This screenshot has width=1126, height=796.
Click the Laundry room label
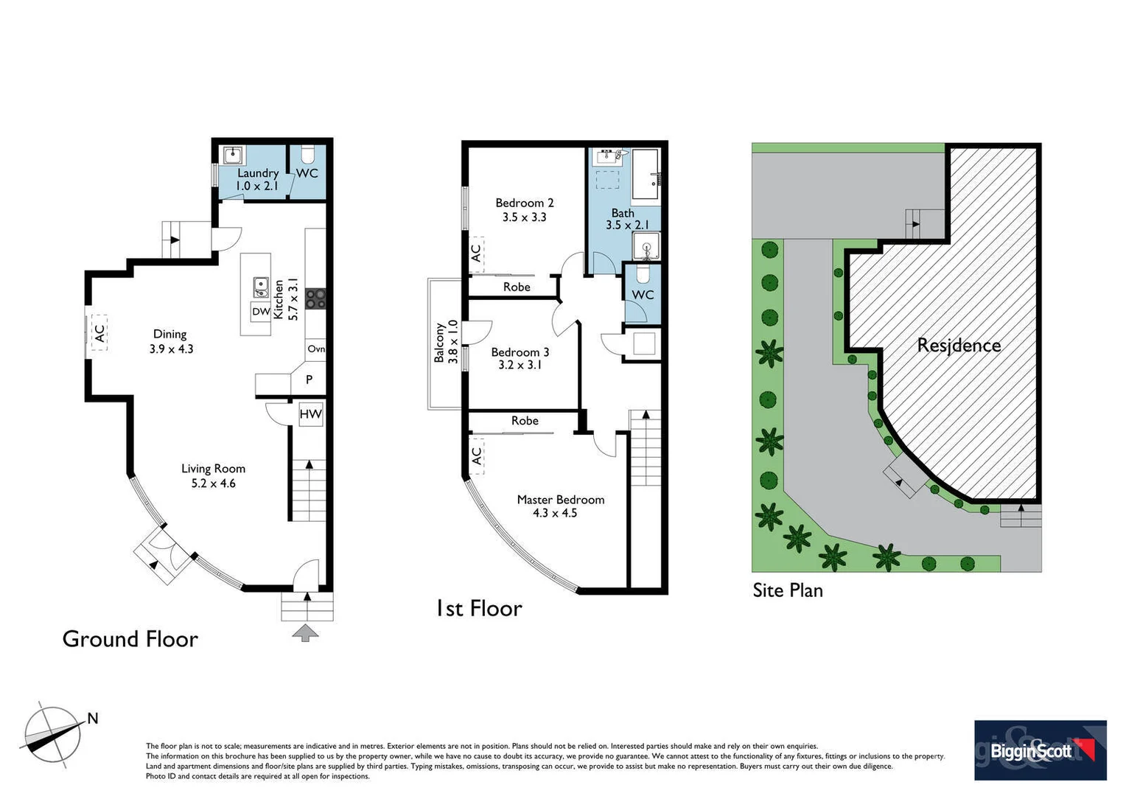point(258,173)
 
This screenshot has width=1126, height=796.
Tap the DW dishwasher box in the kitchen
point(261,312)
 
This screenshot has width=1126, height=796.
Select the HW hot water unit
point(310,414)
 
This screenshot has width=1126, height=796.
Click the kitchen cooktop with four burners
point(316,298)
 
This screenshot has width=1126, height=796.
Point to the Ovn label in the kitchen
point(316,349)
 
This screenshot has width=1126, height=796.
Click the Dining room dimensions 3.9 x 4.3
point(171,349)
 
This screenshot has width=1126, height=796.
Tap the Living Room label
point(213,469)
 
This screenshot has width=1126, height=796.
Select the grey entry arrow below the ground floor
point(306,632)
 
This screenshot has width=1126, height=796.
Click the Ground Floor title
point(130,639)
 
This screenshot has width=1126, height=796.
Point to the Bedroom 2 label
point(524,203)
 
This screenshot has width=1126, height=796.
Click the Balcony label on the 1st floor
point(439,342)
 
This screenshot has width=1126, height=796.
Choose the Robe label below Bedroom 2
point(517,287)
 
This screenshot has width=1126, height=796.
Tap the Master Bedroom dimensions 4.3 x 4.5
point(555,513)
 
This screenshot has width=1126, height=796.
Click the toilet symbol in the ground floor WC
point(308,155)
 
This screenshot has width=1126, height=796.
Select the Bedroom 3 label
point(520,352)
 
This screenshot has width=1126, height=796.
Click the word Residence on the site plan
point(959,345)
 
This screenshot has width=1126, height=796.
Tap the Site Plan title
point(787,590)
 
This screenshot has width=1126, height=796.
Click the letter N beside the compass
point(93,719)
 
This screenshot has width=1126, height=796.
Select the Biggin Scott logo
point(1040,750)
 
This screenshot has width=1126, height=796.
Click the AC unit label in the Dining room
point(98,334)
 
